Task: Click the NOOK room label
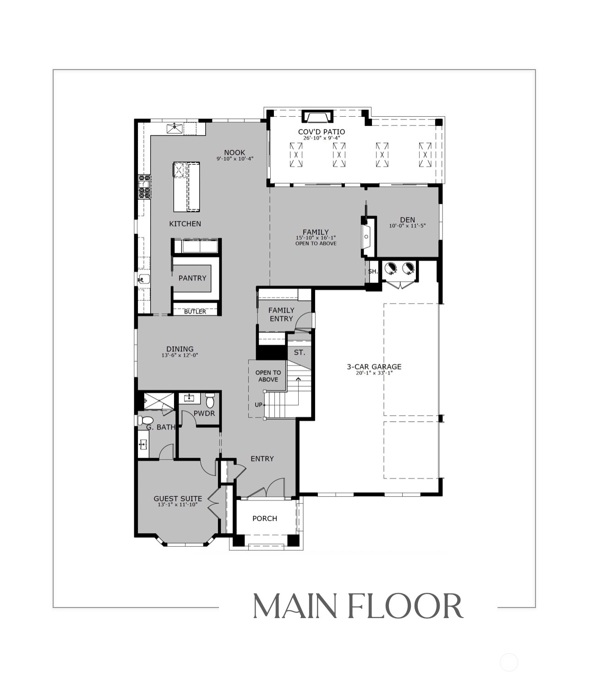tap(235, 152)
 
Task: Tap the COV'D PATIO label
tap(322, 132)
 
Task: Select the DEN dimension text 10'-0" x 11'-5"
tap(407, 226)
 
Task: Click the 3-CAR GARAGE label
tap(374, 367)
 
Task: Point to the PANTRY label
tap(192, 278)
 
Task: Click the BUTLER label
tap(195, 312)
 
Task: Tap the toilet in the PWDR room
tap(210, 400)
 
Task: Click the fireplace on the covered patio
tap(317, 117)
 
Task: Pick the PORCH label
tap(265, 519)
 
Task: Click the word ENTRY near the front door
tap(262, 459)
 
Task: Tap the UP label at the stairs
tap(258, 405)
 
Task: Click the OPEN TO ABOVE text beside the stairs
tap(268, 376)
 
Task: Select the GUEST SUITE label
tap(178, 499)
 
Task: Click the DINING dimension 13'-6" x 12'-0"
tap(180, 355)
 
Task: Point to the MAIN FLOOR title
tap(358, 606)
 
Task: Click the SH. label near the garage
tap(373, 271)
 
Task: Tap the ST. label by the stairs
tap(300, 353)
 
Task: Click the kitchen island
tap(187, 187)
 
